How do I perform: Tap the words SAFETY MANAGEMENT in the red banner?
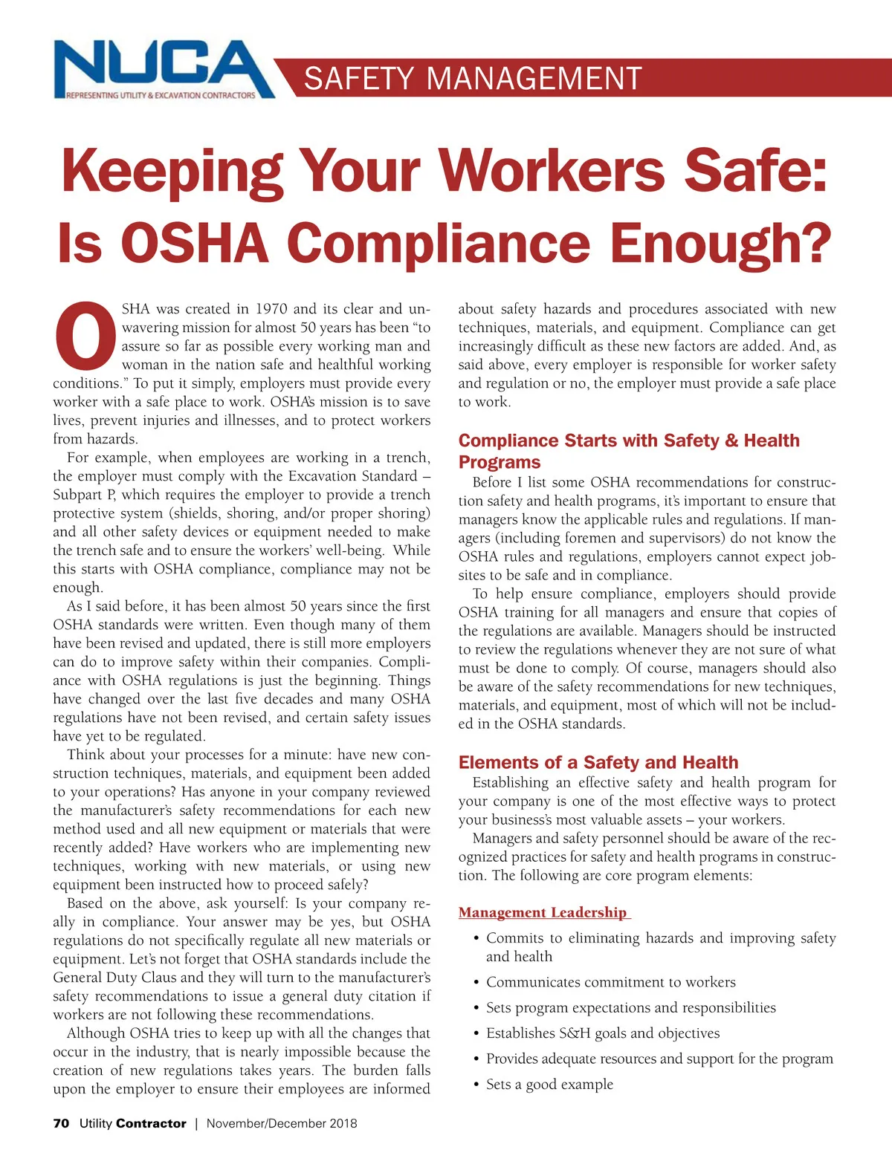coord(473,79)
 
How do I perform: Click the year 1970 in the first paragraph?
coord(271,309)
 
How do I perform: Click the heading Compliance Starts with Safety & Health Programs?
coord(628,451)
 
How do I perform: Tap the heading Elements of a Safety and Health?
coord(598,762)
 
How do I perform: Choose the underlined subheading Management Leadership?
coord(543,912)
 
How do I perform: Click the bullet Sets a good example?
coord(549,1085)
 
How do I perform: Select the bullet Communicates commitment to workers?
coord(610,982)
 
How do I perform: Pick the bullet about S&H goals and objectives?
coord(603,1033)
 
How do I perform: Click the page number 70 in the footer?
coord(61,1123)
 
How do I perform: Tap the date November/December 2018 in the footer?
coord(282,1123)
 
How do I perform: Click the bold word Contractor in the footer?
coord(151,1123)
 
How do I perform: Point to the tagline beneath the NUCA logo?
coord(161,95)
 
